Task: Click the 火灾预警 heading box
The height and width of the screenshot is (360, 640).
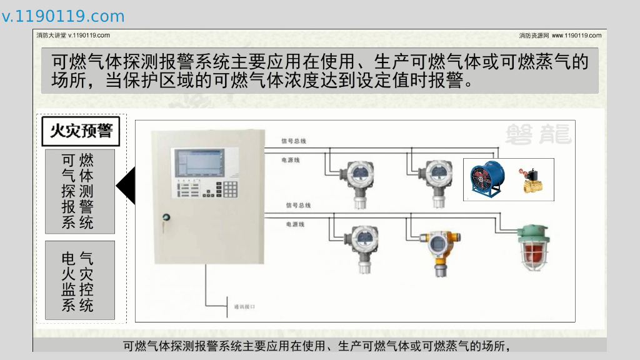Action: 81,131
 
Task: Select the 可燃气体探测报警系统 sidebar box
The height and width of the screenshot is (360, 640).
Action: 80,191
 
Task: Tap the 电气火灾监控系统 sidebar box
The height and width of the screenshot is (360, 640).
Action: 80,281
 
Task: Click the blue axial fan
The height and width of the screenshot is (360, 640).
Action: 487,179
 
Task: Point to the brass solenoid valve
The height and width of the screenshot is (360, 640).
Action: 531,180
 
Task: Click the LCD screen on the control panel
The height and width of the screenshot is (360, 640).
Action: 199,162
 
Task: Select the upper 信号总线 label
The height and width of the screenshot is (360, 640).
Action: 294,141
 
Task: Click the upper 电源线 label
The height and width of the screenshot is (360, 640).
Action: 291,160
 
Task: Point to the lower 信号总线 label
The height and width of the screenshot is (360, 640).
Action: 298,205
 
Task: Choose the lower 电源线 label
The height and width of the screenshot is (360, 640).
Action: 295,224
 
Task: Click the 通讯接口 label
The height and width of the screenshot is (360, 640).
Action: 244,307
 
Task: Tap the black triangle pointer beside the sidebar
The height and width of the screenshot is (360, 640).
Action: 127,186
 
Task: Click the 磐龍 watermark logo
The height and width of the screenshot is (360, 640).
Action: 538,134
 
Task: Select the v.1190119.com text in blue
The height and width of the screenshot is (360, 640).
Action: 63,16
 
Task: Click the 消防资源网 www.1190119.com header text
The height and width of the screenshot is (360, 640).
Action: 560,36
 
